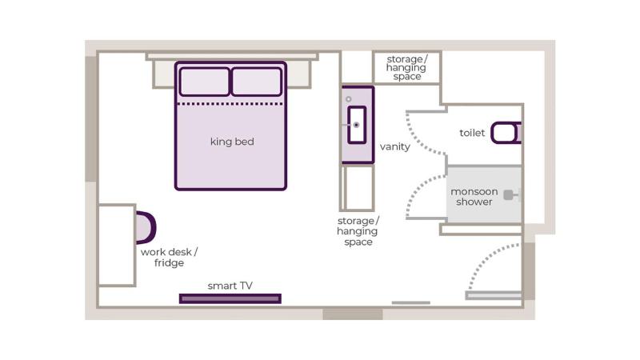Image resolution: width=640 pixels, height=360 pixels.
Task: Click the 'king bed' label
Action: pos(232,142)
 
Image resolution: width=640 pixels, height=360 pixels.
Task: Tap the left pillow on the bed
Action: pos(204,82)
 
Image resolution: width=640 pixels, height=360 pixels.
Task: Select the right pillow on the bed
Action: pos(256,82)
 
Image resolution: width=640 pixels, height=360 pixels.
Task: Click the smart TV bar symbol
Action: pos(230,298)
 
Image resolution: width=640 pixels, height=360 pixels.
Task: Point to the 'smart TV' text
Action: pos(230,286)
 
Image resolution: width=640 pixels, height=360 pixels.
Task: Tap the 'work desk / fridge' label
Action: pos(169,257)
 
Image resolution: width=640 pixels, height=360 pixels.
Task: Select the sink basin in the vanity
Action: pos(357,125)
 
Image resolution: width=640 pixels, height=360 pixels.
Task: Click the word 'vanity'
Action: pos(395,146)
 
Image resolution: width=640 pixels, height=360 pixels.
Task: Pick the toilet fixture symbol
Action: pos(506,133)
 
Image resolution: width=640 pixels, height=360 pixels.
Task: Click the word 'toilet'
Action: pos(472,133)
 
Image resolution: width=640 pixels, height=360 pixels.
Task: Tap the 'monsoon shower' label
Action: pos(474,197)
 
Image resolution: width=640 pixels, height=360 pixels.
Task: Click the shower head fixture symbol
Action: pos(509,194)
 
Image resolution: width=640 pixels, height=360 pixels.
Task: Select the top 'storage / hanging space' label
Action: pos(407,68)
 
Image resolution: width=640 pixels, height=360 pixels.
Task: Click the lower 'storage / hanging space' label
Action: pos(358,231)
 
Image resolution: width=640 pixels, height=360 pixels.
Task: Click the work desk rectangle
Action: pos(117,245)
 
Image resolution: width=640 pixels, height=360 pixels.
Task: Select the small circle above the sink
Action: pos(349,99)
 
